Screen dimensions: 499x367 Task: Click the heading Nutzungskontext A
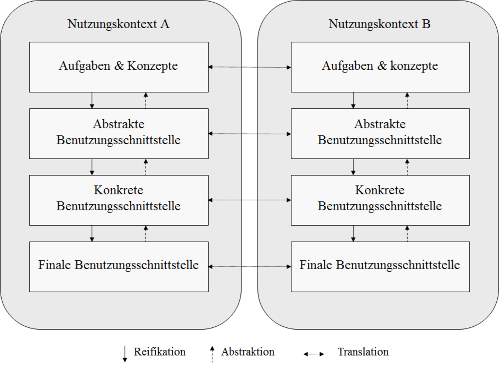pos(118,24)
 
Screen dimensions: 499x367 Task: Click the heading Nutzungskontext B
pos(380,24)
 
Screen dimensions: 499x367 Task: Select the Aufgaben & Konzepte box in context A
pos(119,67)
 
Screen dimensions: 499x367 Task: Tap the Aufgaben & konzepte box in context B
pos(380,67)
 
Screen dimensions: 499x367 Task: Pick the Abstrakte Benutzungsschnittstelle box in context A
pos(119,134)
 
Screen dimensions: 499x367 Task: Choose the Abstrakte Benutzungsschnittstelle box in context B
pos(380,134)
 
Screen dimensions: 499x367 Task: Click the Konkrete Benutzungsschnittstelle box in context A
pos(119,200)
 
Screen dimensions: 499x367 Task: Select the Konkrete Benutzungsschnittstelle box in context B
pos(380,200)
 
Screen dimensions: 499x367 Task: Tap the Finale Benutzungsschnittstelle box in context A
pos(119,267)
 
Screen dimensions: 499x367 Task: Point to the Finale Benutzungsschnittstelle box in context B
pos(380,267)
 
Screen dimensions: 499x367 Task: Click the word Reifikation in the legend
pos(159,352)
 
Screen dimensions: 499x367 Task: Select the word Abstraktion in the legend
pos(248,352)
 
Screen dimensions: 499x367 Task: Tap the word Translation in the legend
pos(363,352)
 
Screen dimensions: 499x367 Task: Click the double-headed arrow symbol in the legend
pos(314,354)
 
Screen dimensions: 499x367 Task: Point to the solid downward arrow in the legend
pos(125,354)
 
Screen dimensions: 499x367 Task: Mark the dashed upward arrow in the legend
pos(212,354)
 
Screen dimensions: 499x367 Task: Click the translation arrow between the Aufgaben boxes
pos(250,67)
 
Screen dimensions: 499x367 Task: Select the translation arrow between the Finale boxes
pos(250,267)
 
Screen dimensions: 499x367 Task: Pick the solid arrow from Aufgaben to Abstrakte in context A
pos(92,100)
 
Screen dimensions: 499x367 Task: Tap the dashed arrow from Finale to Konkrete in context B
pos(407,234)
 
